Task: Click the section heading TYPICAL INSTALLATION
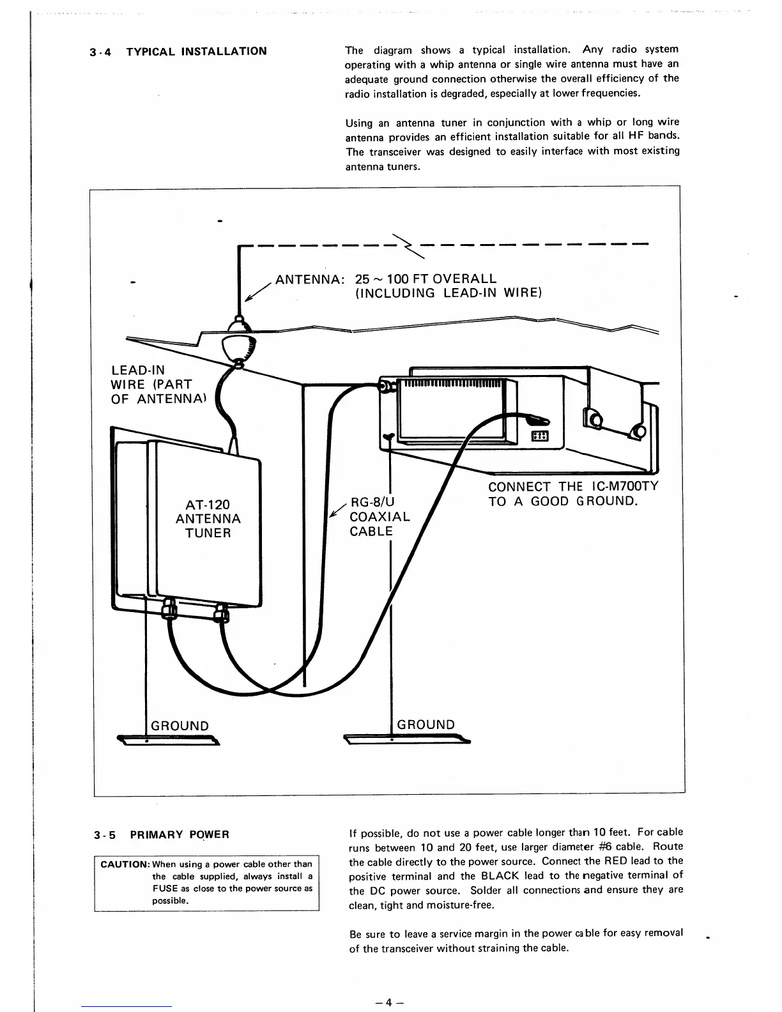(196, 51)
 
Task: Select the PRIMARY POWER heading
(179, 834)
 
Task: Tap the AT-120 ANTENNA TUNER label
(208, 519)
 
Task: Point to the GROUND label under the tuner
(180, 726)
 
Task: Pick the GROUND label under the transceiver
(426, 724)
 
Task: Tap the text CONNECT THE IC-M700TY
(572, 486)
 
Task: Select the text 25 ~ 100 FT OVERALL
(426, 279)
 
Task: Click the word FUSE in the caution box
(164, 889)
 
